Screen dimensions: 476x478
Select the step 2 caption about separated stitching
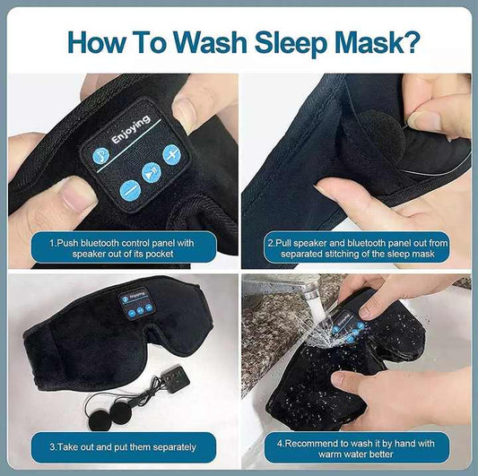point(358,247)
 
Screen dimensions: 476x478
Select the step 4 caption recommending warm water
point(358,445)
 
